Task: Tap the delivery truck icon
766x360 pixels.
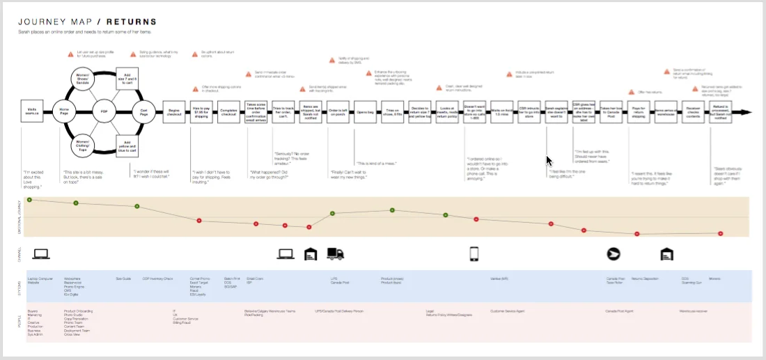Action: click(x=336, y=255)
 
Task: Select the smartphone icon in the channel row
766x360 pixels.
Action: click(x=474, y=254)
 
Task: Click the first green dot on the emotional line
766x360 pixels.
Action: click(x=29, y=200)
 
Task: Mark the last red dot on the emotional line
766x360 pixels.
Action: click(x=721, y=233)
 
